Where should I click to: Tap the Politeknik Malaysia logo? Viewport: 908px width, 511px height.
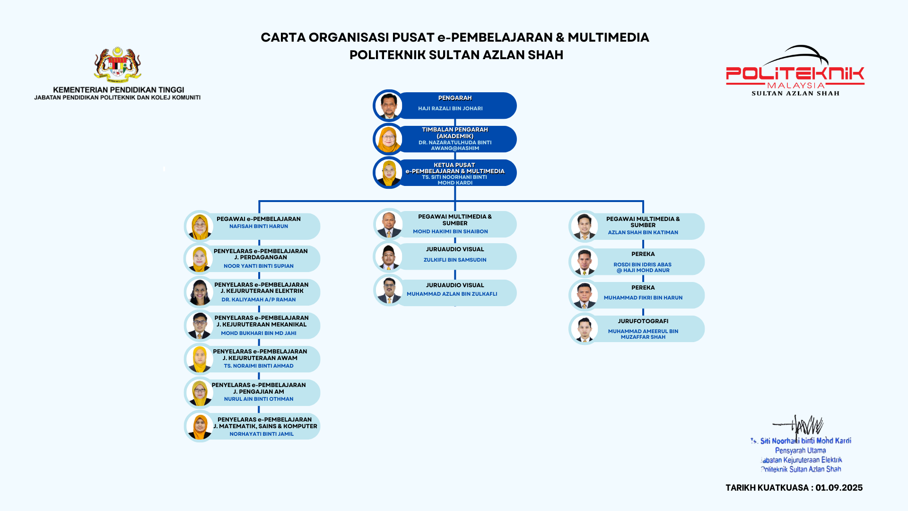click(795, 71)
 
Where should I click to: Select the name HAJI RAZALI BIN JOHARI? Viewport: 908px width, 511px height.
click(450, 108)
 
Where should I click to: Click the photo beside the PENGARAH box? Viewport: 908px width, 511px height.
click(388, 106)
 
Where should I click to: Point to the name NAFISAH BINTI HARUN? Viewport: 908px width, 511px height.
click(259, 226)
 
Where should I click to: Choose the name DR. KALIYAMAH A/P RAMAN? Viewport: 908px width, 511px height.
click(259, 300)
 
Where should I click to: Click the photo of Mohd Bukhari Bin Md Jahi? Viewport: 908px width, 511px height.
click(200, 326)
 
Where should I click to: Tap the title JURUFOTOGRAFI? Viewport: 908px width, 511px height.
click(643, 321)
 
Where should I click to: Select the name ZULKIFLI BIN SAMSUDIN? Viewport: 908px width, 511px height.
click(455, 260)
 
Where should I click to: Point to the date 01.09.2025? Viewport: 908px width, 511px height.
click(839, 488)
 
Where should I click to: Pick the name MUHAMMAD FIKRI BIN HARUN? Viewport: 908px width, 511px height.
click(643, 298)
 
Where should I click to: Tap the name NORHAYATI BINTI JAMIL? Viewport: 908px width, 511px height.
click(262, 434)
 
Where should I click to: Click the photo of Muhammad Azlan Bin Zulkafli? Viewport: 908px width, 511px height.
click(389, 291)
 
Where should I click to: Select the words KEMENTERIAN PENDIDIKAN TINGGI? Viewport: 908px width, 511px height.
click(118, 89)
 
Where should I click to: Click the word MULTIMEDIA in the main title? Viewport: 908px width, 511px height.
click(608, 37)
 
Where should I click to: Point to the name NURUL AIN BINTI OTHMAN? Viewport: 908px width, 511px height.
click(259, 399)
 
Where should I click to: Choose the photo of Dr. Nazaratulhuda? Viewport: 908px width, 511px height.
click(388, 139)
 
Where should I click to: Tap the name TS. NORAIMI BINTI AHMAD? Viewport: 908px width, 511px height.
click(259, 366)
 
